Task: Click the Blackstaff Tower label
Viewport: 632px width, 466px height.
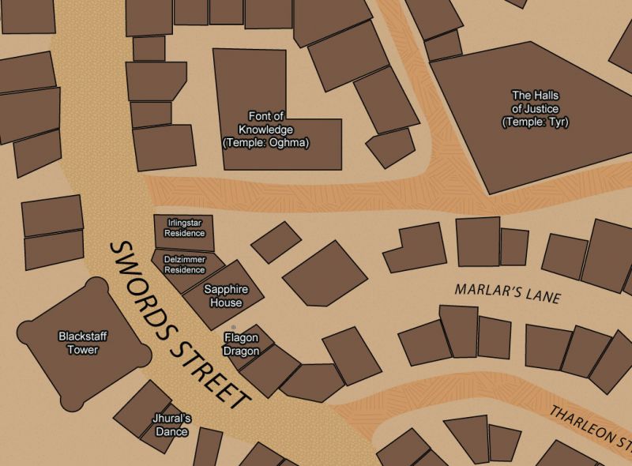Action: click(82, 343)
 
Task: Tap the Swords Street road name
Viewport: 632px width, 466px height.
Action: click(179, 325)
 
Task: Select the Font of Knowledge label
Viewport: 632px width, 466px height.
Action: click(265, 129)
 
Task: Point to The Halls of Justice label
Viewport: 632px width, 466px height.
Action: click(535, 108)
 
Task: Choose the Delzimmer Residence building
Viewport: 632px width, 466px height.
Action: click(184, 265)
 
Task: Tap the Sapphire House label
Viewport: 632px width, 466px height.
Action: click(222, 296)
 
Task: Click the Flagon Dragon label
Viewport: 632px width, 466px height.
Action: click(240, 344)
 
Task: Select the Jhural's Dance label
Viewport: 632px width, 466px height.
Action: click(171, 425)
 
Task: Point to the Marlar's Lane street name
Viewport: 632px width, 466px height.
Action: click(507, 294)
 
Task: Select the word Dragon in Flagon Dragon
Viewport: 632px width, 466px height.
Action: click(240, 351)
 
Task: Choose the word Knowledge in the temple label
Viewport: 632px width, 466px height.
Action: click(265, 130)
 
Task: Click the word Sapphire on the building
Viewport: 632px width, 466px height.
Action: click(222, 290)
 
